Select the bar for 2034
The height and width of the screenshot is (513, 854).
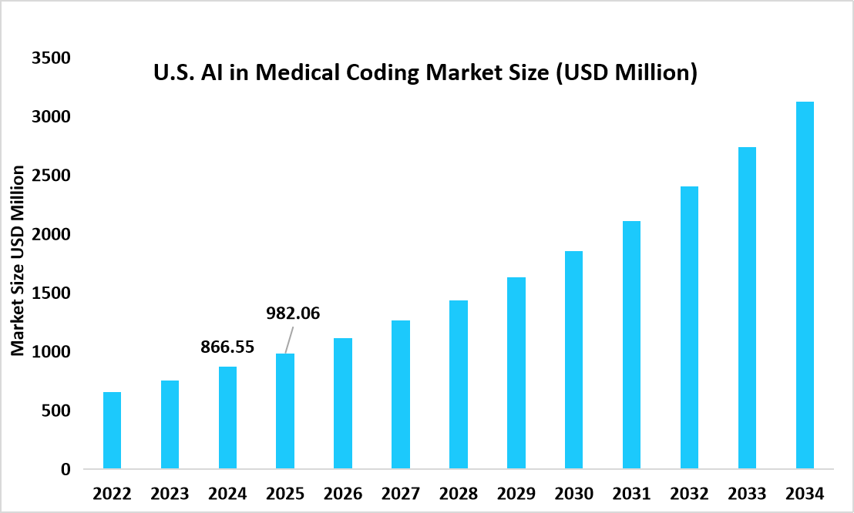[x=805, y=285]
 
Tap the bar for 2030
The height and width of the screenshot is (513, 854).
[x=574, y=360]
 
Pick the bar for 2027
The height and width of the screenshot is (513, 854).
[x=401, y=394]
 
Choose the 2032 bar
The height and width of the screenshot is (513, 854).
[x=689, y=327]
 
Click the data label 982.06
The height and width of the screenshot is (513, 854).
[x=293, y=313]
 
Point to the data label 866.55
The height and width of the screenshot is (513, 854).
[x=227, y=347]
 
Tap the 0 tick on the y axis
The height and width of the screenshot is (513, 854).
[x=66, y=469]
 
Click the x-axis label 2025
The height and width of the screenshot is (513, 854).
[x=285, y=493]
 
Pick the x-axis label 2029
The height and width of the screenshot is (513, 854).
[x=516, y=493]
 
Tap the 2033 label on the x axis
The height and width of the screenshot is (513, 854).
[x=747, y=493]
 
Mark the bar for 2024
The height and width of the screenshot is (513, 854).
[x=227, y=417]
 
